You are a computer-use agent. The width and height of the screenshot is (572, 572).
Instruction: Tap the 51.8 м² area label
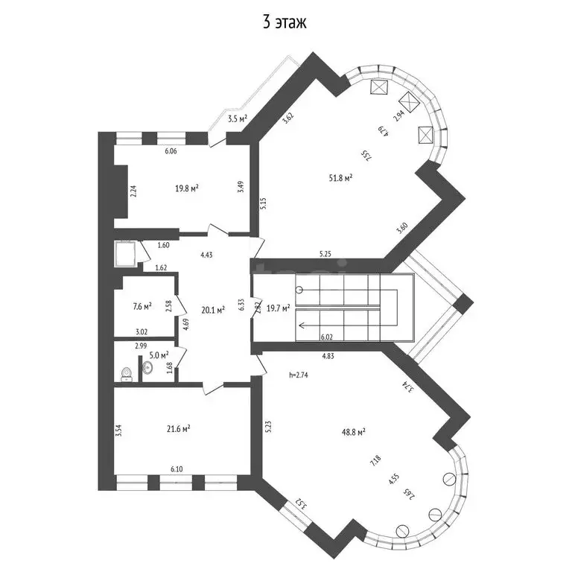click(340, 178)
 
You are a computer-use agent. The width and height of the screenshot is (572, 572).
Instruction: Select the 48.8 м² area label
click(352, 432)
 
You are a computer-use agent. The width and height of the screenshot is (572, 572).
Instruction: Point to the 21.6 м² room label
click(178, 428)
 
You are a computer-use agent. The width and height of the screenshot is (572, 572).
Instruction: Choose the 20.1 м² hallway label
click(213, 311)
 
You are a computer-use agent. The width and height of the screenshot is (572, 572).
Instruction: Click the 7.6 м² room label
click(142, 305)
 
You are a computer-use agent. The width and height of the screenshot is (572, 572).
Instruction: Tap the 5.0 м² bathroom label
click(159, 355)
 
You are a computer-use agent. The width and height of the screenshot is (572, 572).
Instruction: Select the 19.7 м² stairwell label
click(278, 307)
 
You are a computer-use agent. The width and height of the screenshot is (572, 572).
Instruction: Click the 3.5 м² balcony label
click(237, 118)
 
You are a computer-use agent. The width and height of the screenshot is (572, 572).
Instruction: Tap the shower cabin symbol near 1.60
click(125, 253)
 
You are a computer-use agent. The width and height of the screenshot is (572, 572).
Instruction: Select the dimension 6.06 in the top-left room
click(171, 151)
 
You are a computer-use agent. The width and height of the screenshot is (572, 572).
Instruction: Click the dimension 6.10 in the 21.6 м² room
click(177, 470)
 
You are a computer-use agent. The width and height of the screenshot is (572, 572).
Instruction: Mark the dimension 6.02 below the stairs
click(325, 337)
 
